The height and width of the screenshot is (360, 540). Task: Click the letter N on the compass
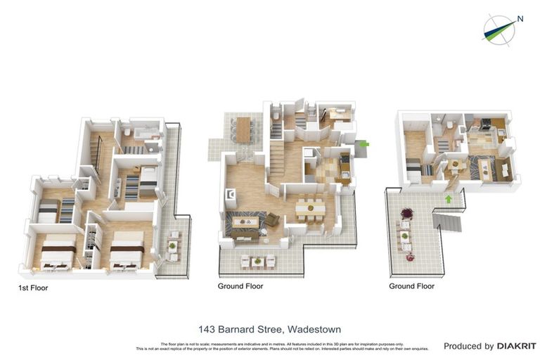[x=520, y=19]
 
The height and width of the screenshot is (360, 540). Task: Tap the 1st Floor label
[x=33, y=288]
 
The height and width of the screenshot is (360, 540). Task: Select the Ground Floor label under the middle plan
[x=240, y=286]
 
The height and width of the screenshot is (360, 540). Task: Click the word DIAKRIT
[x=517, y=346]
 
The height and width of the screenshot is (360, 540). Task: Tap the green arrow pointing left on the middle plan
[x=364, y=144]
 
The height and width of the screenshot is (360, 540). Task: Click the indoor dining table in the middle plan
[x=309, y=207]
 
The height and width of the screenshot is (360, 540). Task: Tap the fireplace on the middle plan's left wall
[x=229, y=195]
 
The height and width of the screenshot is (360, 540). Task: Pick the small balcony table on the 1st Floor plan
[x=172, y=246]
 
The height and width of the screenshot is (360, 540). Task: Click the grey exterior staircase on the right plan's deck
[x=448, y=224]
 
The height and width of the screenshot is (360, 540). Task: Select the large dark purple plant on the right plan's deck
[x=406, y=212]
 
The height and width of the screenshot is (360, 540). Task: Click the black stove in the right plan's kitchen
[x=485, y=124]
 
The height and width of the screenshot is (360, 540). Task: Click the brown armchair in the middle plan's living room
[x=272, y=220]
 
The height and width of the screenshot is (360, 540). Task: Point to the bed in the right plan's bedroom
[x=413, y=169]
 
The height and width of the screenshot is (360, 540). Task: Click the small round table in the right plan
[x=455, y=165]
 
